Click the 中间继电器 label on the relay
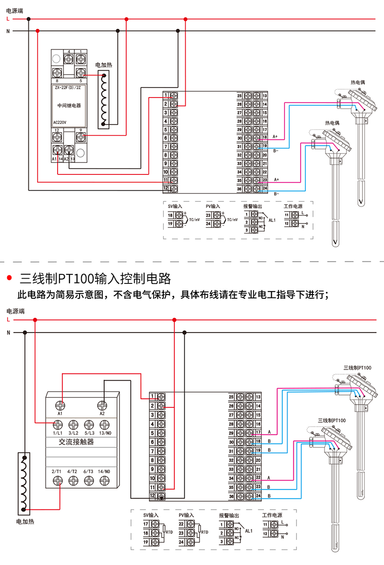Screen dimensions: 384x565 click(69, 106)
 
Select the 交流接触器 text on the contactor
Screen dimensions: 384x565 click(76, 442)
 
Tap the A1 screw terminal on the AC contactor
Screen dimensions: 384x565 click(60, 405)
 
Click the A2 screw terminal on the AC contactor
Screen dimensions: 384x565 click(102, 405)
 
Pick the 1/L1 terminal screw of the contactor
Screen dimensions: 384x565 click(58, 425)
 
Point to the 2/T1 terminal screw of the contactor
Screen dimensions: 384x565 click(58, 480)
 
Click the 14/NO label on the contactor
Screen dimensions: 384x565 click(104, 471)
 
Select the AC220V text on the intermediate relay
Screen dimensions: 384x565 click(60, 123)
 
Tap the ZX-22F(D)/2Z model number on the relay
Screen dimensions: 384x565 click(68, 87)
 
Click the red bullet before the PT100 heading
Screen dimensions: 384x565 click(9, 278)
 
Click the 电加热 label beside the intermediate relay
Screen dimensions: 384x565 click(104, 65)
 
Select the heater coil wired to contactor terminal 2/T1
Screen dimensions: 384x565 click(24, 483)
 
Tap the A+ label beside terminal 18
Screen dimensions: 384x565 click(276, 136)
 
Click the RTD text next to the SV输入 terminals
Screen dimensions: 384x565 click(169, 532)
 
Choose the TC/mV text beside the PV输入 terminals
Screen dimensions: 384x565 click(232, 220)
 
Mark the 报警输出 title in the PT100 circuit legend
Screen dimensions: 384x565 click(229, 515)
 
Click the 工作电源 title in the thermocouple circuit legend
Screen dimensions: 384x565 click(293, 206)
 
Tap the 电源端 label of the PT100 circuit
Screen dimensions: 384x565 click(15, 311)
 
